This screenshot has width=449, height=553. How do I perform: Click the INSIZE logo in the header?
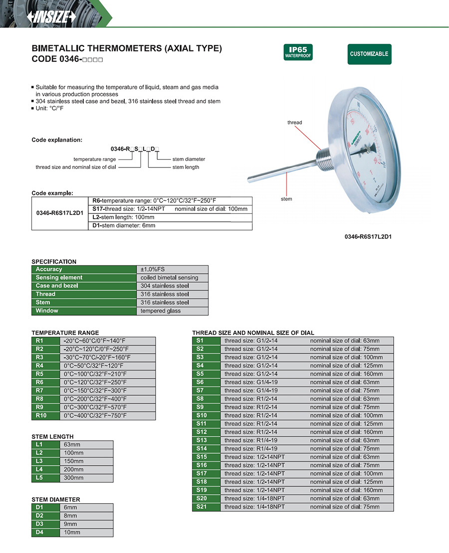[51, 16]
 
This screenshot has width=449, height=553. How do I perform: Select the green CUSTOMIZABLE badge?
[369, 54]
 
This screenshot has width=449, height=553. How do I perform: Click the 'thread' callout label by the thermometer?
[295, 122]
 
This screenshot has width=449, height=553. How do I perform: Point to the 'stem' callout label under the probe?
[286, 199]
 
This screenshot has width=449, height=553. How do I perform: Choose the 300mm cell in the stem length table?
[87, 478]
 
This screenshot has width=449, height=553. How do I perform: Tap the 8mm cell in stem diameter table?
[87, 516]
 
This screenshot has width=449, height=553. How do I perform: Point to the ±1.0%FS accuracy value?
[173, 269]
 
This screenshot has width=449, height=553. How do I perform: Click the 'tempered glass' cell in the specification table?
[173, 311]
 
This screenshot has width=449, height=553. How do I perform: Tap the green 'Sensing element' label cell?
[84, 278]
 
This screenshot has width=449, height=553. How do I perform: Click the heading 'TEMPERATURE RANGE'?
[65, 333]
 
